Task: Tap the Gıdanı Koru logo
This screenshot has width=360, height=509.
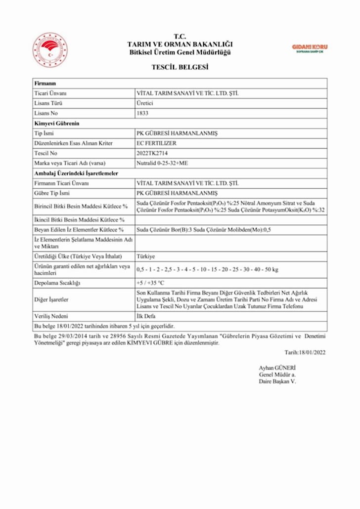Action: (310, 48)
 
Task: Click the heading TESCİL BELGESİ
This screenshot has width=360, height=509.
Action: (180, 68)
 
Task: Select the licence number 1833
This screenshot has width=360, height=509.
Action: (142, 113)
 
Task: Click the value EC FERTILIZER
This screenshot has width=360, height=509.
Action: (156, 143)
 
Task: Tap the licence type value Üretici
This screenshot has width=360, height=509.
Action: (145, 103)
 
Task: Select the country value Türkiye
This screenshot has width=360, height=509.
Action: (145, 257)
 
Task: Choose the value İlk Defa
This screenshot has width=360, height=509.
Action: (146, 316)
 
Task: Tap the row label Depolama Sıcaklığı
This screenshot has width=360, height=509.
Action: (57, 283)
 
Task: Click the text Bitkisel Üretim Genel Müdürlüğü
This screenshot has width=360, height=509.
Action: (180, 52)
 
